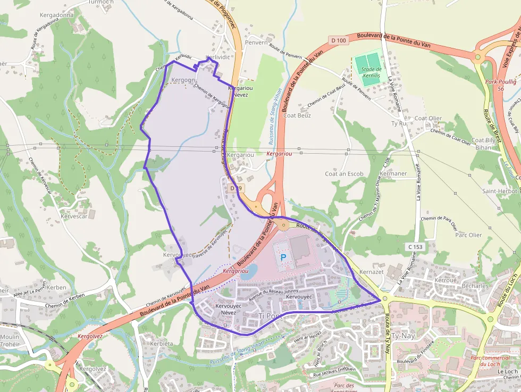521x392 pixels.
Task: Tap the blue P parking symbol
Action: click(x=283, y=257)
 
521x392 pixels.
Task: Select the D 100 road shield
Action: click(x=338, y=40)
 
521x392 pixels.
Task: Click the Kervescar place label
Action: click(x=74, y=216)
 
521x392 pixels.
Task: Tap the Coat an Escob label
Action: click(x=344, y=174)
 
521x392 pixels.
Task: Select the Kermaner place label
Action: click(x=394, y=174)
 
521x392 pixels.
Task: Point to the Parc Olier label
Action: click(x=468, y=235)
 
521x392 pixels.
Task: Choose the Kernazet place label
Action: click(x=372, y=271)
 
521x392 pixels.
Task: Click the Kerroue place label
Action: click(x=446, y=280)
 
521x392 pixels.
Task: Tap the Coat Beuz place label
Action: click(x=297, y=115)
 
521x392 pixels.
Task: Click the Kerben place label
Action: click(x=56, y=287)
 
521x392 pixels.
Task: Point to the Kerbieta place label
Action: click(x=162, y=344)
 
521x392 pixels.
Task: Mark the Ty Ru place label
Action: click(x=398, y=123)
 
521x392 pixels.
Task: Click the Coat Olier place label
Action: click(x=428, y=118)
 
